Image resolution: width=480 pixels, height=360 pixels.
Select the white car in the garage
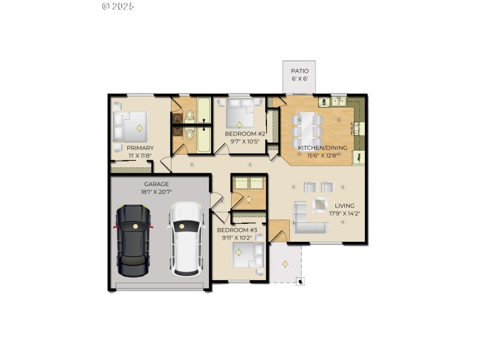coord(185,238)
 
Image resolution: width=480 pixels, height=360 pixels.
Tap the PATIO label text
coord(300,71)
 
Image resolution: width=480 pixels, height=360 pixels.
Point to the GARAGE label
coord(156,184)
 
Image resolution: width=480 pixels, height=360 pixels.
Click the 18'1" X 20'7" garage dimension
coord(156,193)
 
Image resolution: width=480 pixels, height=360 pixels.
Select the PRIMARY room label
coord(140,148)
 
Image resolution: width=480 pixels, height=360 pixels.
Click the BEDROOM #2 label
coord(245,133)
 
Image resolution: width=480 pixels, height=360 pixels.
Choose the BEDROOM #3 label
coord(237,230)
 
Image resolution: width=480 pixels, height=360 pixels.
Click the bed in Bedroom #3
coord(248,255)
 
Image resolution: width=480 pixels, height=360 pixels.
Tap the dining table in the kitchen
coord(308,127)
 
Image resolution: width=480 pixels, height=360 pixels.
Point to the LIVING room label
coord(344,204)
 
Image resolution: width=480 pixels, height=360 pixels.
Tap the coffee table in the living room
coord(319,205)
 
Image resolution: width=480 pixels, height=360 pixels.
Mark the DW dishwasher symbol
coord(323,102)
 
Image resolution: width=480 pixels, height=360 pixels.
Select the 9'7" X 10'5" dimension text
coord(245,142)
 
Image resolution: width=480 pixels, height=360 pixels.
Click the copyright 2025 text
coord(118,6)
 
